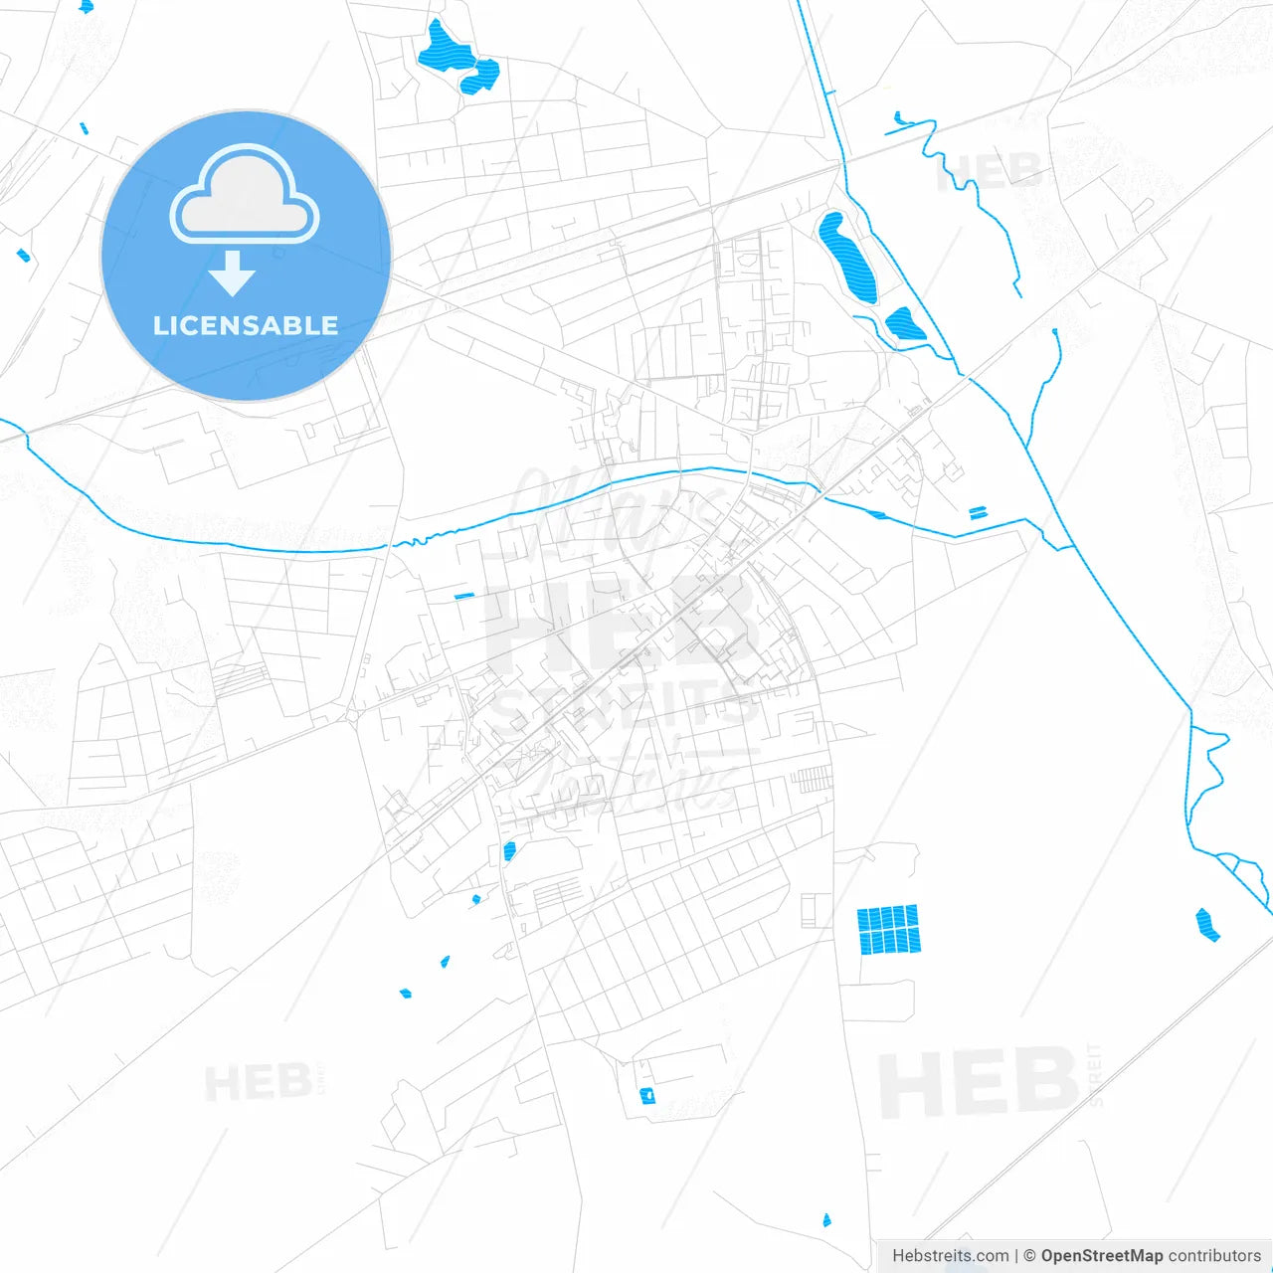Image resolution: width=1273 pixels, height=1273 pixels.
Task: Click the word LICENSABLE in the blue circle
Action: point(246,325)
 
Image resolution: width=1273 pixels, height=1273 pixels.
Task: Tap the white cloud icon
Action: point(245,196)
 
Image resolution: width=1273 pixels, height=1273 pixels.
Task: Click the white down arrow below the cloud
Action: point(233,273)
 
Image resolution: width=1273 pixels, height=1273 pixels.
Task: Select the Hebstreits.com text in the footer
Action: point(950,1256)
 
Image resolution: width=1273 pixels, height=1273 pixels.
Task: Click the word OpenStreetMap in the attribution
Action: point(1101,1256)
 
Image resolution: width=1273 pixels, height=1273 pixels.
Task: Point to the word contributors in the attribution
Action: point(1214,1256)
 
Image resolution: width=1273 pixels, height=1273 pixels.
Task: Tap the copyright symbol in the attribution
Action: point(1029,1256)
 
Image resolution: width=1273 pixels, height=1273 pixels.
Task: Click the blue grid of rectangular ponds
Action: point(888,929)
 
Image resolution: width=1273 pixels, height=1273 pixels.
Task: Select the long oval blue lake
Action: point(847,257)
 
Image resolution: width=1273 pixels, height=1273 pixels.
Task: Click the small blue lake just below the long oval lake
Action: point(904,324)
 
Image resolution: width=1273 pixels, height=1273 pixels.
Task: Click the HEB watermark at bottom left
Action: point(258,1082)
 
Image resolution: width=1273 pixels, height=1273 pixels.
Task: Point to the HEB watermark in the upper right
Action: point(989,171)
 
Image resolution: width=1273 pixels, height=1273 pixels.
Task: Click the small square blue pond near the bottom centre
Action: point(647,1096)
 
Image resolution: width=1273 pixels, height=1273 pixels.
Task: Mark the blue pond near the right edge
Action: point(1207,924)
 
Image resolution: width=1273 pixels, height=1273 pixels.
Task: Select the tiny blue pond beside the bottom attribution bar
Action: point(825,1220)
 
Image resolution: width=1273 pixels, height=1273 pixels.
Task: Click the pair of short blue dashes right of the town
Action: point(979,513)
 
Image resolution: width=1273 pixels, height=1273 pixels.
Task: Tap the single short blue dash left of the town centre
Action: point(464,596)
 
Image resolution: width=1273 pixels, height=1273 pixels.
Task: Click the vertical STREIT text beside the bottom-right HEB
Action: point(1095,1074)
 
